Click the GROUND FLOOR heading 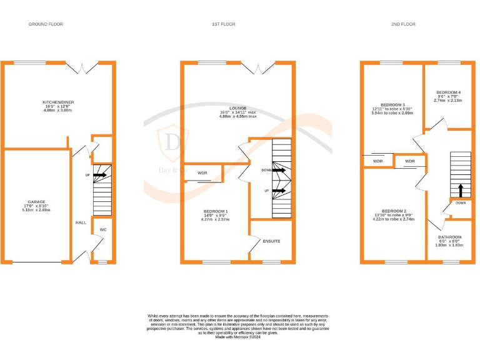(x=46, y=24)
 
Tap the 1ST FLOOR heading (x=222, y=24)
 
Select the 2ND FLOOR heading (x=403, y=24)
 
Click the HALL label (x=81, y=222)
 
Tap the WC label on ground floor (x=103, y=230)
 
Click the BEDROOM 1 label (x=216, y=211)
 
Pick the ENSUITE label (x=271, y=241)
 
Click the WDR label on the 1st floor (x=202, y=172)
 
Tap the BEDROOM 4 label (x=448, y=92)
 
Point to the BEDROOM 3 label (x=392, y=104)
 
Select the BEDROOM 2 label (x=394, y=211)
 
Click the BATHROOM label (x=449, y=237)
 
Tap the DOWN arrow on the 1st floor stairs (x=278, y=169)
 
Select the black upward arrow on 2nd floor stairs (x=460, y=188)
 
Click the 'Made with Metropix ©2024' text (x=237, y=337)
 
